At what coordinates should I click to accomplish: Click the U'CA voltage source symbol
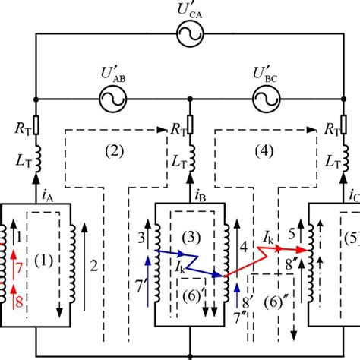tap(189, 33)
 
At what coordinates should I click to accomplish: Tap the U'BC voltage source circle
tap(264, 98)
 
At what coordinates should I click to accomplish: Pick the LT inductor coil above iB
tap(190, 161)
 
